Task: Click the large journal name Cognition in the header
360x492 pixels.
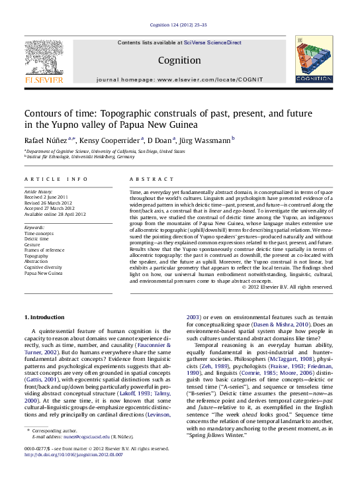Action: (x=179, y=60)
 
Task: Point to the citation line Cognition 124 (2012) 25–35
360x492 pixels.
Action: (x=179, y=25)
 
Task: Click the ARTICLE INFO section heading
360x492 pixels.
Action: (x=56, y=179)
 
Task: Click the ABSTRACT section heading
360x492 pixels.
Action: (x=147, y=179)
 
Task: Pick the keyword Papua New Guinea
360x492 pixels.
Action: (x=44, y=273)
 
